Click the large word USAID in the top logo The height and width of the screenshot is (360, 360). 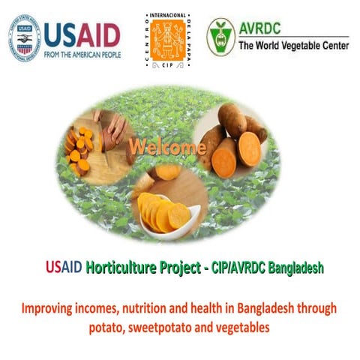tap(82, 34)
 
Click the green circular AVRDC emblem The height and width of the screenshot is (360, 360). tap(221, 37)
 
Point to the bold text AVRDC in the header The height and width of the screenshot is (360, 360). tap(264, 29)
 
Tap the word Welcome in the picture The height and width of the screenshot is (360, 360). tap(166, 146)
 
